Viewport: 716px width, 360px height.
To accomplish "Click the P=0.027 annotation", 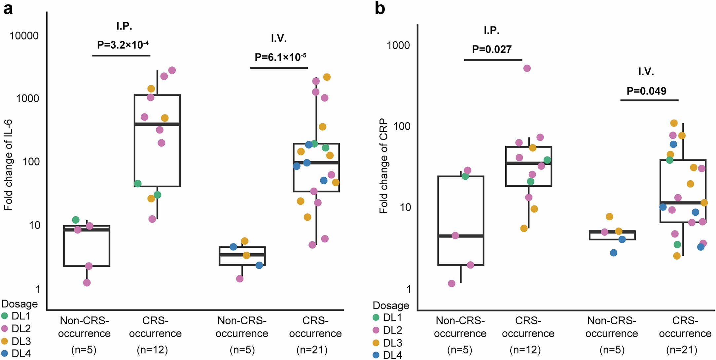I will coord(491,50).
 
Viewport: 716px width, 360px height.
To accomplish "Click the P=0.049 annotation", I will coord(646,91).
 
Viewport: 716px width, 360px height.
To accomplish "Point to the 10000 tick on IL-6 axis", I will coord(24,36).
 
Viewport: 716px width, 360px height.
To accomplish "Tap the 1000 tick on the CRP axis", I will coord(398,45).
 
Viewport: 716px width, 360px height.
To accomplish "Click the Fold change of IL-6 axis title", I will coord(8,165).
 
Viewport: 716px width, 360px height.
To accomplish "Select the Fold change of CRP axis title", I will coord(383,166).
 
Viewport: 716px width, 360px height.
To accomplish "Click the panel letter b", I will coord(380,8).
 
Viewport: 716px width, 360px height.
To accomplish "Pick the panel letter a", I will coord(8,8).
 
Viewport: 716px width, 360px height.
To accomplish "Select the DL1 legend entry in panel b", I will coord(387,318).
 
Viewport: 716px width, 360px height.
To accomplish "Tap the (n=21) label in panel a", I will coord(312,349).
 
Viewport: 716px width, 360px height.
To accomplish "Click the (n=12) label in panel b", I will coord(525,349).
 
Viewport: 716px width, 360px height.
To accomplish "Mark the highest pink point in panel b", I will coord(527,68).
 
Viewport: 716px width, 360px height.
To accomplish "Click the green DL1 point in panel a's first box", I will coord(76,220).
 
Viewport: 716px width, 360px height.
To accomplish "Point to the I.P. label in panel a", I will coord(124,26).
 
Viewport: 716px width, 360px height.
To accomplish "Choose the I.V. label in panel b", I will coord(646,72).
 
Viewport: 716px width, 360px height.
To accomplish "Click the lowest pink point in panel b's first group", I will coord(451,284).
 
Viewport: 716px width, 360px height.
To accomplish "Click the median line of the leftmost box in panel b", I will coord(461,236).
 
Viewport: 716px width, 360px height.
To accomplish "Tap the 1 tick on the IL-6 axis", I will coord(38,289).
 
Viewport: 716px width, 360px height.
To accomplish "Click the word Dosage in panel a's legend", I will coord(19,304).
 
